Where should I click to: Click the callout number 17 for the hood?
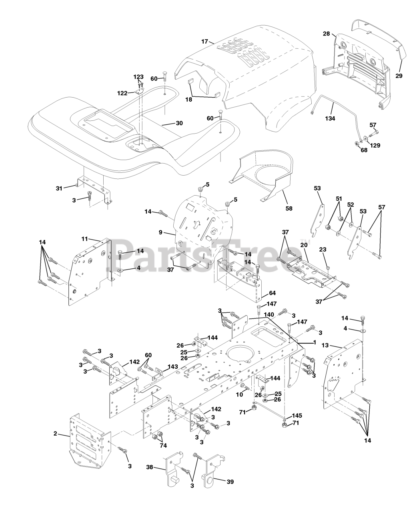coord(204,41)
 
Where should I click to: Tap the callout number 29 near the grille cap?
coord(399,75)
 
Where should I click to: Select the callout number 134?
coord(330,118)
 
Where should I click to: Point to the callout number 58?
coord(289,208)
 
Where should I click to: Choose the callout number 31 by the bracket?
coord(59,188)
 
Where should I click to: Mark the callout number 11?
coord(84,239)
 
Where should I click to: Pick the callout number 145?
coord(297,416)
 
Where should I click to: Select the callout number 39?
coord(230,482)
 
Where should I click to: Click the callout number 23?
coord(323,249)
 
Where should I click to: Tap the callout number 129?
coord(375,145)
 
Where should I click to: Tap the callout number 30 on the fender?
coord(179,123)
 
